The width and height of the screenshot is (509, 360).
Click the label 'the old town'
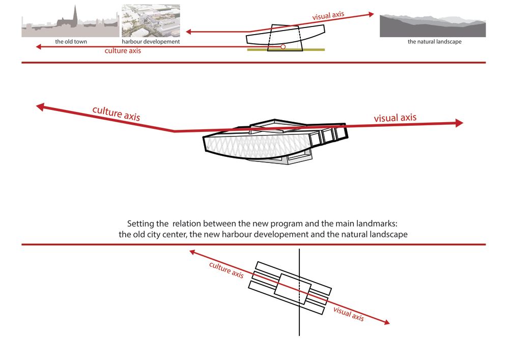coord(71,42)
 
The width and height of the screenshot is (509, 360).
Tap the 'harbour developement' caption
coord(151,42)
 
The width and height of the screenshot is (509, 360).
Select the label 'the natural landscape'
coord(434,42)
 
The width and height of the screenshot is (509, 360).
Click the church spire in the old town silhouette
coord(75,15)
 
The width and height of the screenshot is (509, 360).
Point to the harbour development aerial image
coord(151,21)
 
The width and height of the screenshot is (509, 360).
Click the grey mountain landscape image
coord(433,25)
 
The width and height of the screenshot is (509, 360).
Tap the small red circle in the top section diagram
coord(282,47)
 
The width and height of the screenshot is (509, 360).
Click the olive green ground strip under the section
coord(286,50)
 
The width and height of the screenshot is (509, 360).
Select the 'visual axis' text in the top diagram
coord(328,16)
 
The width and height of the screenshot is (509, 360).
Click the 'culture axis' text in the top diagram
coord(123,50)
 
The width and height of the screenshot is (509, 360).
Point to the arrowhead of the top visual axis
coord(372,14)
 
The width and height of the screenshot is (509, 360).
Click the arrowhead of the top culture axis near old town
coord(38,47)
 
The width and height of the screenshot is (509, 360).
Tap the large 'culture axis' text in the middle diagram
coord(116,113)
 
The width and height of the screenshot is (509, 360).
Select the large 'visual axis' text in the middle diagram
coord(395,118)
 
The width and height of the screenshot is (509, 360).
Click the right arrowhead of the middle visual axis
coord(459,123)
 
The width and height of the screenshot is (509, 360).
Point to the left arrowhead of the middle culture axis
coord(40,107)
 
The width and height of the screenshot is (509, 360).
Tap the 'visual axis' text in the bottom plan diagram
coord(349,314)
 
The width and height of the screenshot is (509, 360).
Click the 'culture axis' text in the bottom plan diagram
coord(227,270)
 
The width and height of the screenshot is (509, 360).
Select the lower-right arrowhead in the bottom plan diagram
coord(387,322)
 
